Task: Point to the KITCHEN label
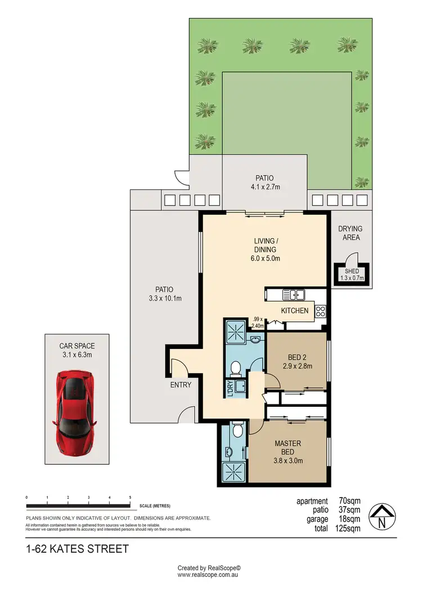[x=295, y=311]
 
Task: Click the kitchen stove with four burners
[x=321, y=311]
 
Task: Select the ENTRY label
[x=181, y=385]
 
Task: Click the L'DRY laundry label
[x=230, y=389]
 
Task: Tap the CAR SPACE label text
[x=77, y=346]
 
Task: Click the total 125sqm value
[x=348, y=528]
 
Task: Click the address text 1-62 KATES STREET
[x=77, y=548]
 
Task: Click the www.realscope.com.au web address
[x=209, y=575]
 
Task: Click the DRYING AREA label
[x=350, y=233]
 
